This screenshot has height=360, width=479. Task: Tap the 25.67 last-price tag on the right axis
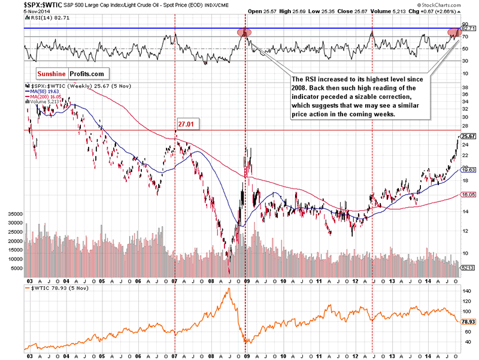468,137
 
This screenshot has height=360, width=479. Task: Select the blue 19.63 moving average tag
468,170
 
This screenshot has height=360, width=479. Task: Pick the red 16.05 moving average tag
468,195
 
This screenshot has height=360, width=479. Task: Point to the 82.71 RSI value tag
468,28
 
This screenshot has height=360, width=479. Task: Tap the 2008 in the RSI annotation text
301,87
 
